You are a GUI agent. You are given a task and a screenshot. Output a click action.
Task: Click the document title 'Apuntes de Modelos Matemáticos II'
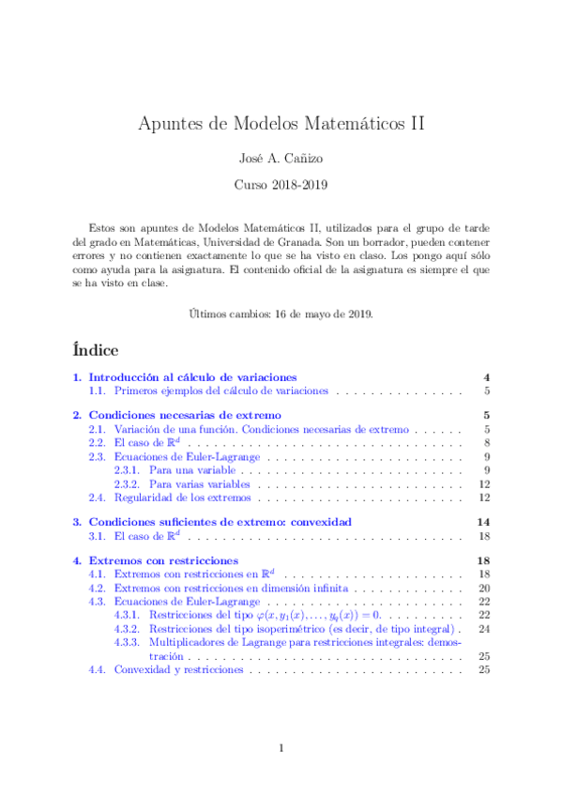pyautogui.click(x=281, y=123)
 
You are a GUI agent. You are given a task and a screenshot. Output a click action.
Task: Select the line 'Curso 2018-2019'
pyautogui.click(x=281, y=185)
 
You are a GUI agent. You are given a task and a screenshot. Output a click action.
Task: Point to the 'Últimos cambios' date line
pyautogui.click(x=281, y=313)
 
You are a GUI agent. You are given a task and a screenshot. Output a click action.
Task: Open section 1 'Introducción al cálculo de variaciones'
pyautogui.click(x=192, y=376)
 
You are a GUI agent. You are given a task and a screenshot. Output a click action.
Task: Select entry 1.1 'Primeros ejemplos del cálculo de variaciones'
pyautogui.click(x=220, y=390)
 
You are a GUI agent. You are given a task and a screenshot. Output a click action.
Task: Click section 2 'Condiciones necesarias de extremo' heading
pyautogui.click(x=185, y=415)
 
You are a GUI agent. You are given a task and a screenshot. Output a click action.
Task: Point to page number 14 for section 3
pyautogui.click(x=484, y=522)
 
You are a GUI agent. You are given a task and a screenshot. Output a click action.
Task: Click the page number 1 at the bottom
pyautogui.click(x=281, y=748)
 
